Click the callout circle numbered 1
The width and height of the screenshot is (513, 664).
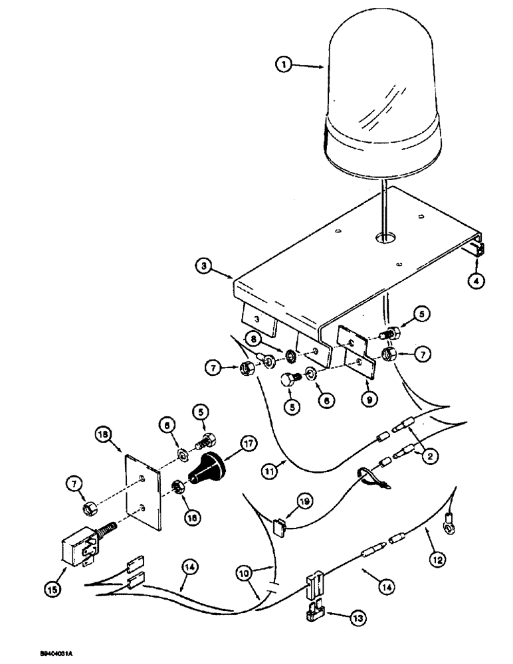pyautogui.click(x=284, y=66)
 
